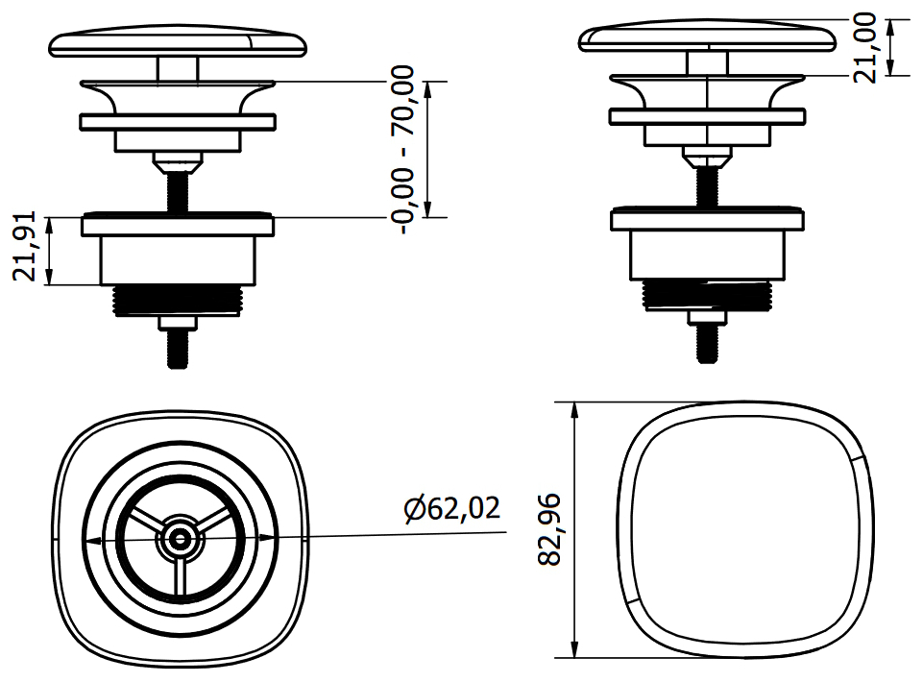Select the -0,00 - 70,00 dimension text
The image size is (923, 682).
[403, 150]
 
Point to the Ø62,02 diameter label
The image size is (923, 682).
[452, 508]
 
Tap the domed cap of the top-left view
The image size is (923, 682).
[179, 44]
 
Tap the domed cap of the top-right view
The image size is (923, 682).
[707, 38]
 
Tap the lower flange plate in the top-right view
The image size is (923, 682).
[707, 220]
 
